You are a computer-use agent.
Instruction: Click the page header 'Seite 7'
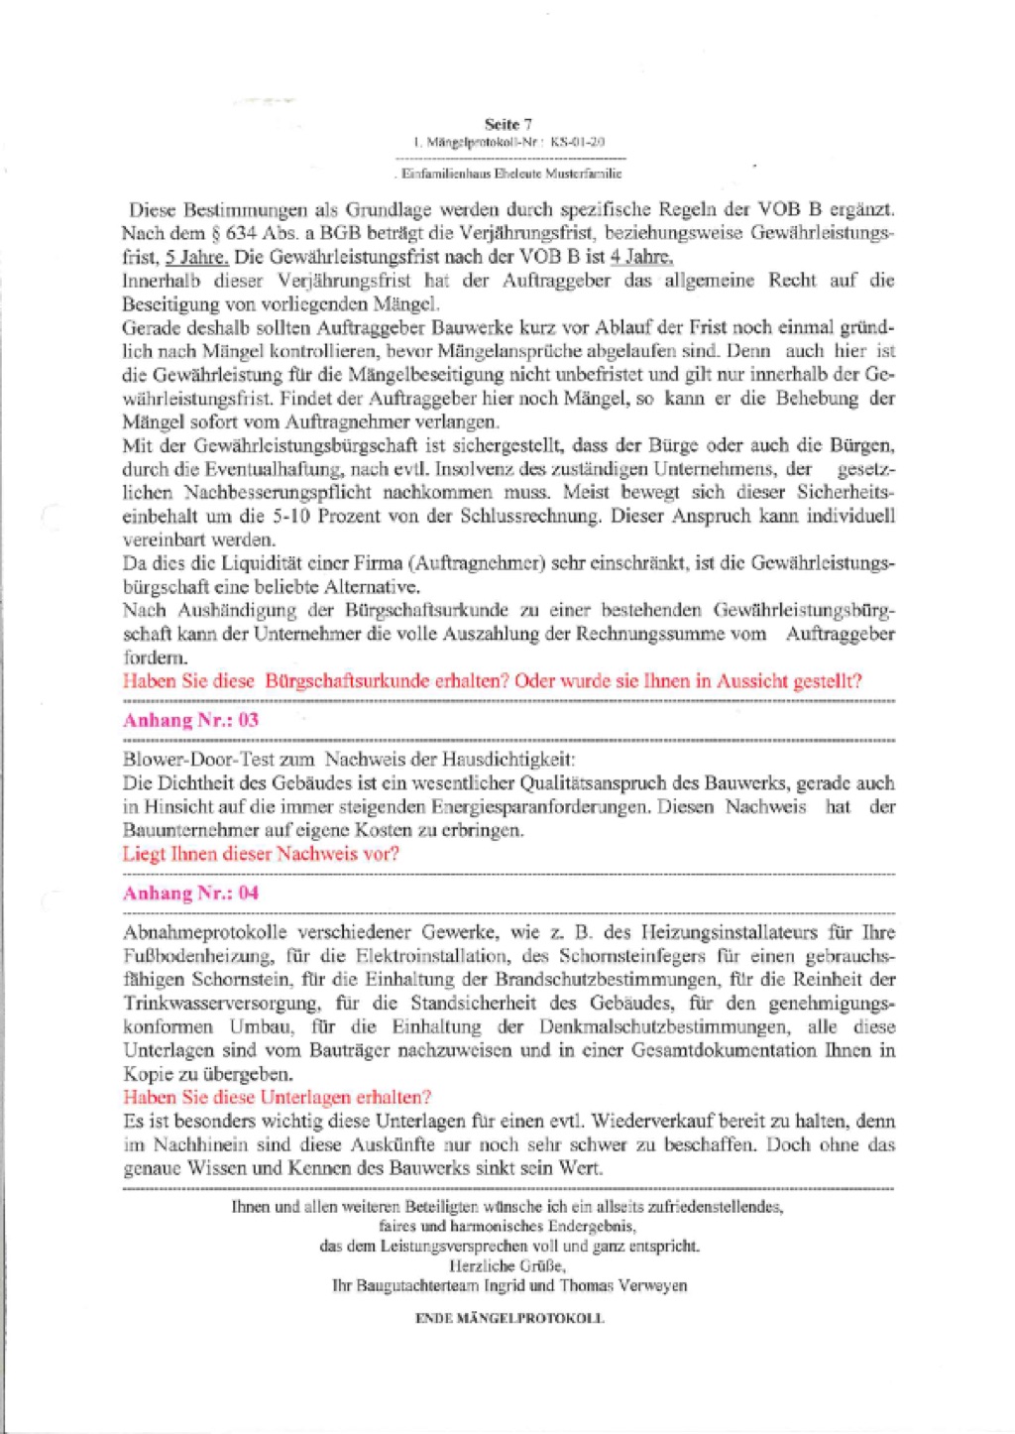point(507,124)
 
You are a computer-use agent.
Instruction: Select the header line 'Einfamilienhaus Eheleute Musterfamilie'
point(510,174)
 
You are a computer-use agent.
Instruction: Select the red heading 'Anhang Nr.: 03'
point(190,720)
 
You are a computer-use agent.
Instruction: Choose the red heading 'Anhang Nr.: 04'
point(190,893)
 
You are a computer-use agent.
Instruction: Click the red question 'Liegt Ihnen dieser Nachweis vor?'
point(261,854)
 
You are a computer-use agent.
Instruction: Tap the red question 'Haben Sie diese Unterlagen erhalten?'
point(278,1098)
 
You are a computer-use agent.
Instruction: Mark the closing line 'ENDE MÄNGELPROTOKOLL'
point(509,1319)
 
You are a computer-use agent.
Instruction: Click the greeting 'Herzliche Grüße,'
point(507,1266)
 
